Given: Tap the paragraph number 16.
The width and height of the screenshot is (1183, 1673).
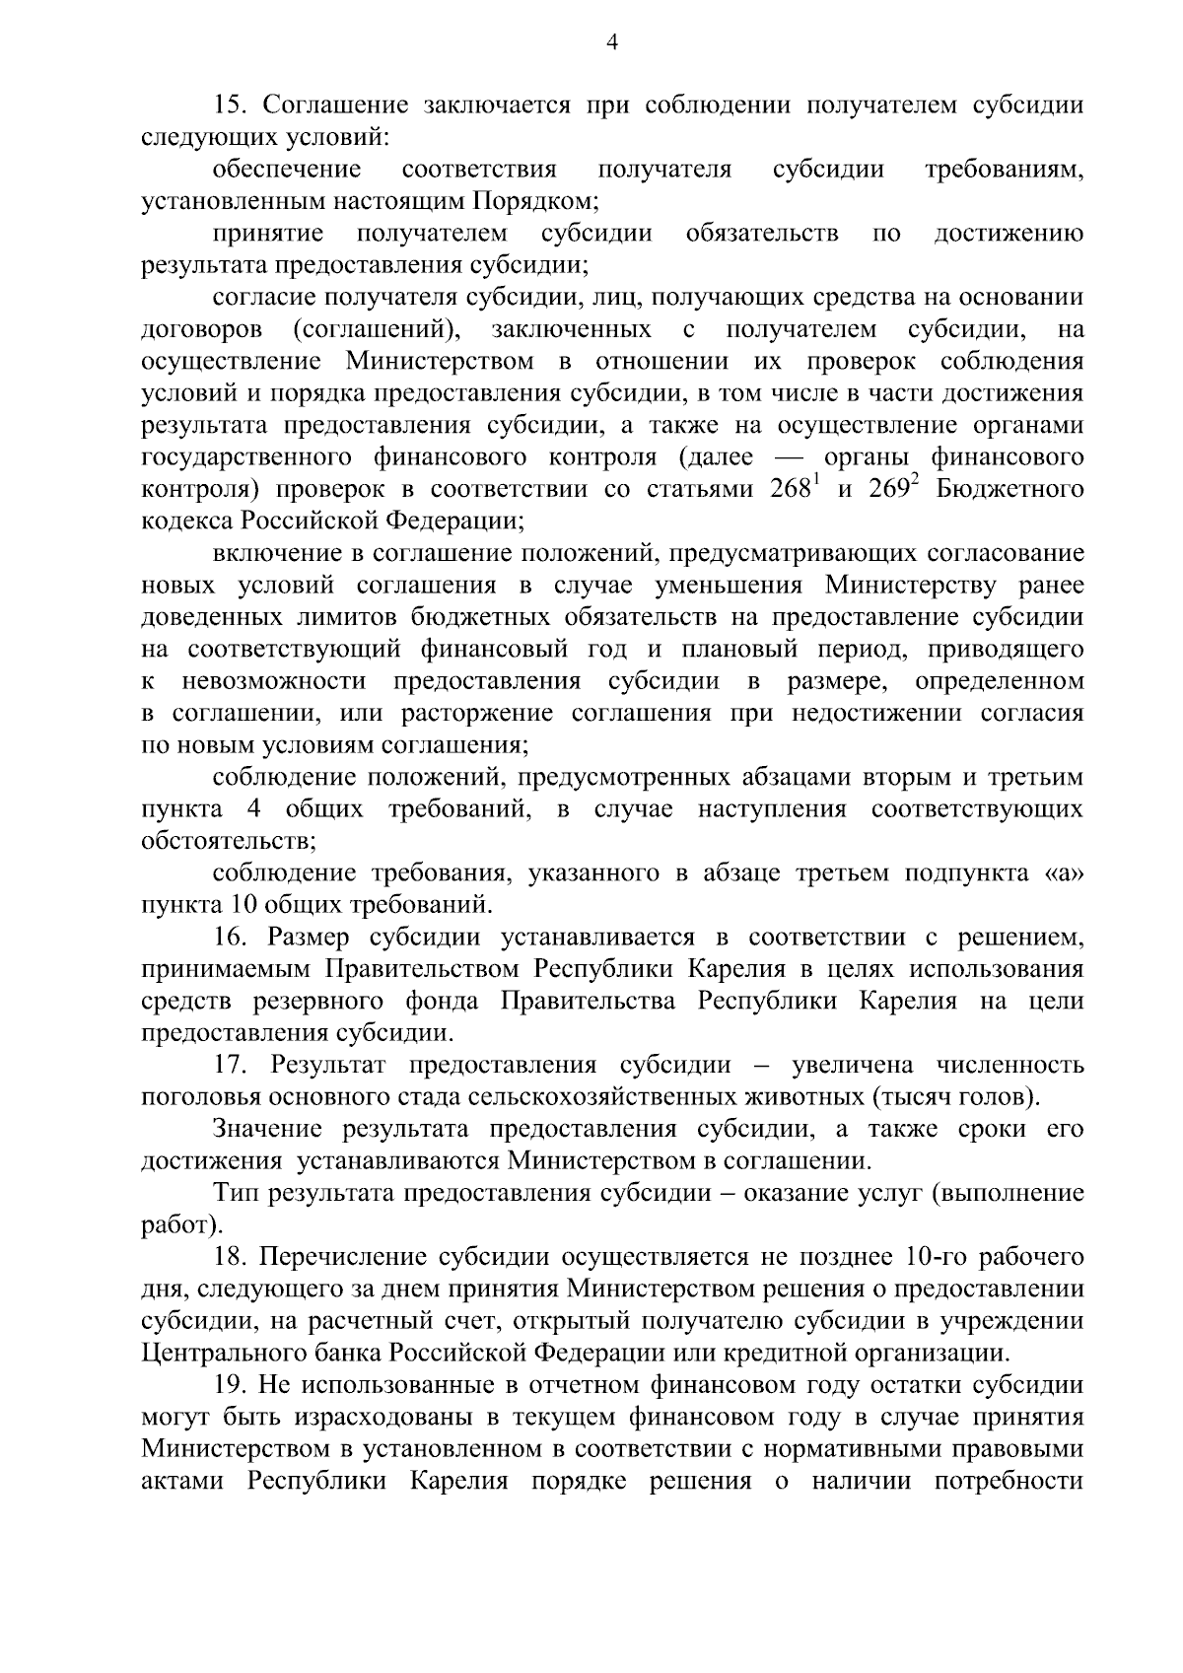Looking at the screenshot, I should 230,937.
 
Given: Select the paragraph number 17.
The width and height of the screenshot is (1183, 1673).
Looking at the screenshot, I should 230,1065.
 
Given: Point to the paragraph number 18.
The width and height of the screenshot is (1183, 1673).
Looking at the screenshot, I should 230,1257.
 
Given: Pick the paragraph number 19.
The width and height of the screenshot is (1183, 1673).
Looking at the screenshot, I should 230,1385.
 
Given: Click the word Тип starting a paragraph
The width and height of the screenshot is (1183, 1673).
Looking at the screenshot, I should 235,1194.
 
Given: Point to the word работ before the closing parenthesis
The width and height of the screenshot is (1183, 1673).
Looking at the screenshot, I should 175,1226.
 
